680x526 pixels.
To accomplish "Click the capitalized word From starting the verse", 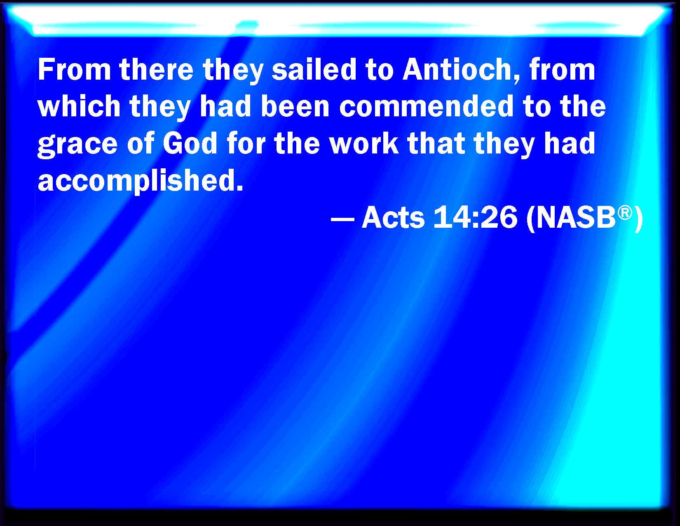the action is pyautogui.click(x=74, y=69).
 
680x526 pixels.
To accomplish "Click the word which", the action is pyautogui.click(x=79, y=106).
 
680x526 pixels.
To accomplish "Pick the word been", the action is pyautogui.click(x=295, y=106).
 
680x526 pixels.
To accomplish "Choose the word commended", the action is pyautogui.click(x=426, y=106).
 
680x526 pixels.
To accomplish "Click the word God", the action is pyautogui.click(x=190, y=143).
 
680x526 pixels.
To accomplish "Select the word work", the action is pyautogui.click(x=364, y=143).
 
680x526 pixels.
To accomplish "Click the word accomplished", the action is pyautogui.click(x=141, y=181).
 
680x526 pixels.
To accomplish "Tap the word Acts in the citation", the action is pyautogui.click(x=393, y=217).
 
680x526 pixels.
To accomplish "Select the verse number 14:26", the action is pyautogui.click(x=475, y=217).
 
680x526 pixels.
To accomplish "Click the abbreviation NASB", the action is pyautogui.click(x=576, y=217).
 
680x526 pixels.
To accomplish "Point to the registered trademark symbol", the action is pyautogui.click(x=625, y=212).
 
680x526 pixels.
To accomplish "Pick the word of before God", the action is pyautogui.click(x=141, y=143).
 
